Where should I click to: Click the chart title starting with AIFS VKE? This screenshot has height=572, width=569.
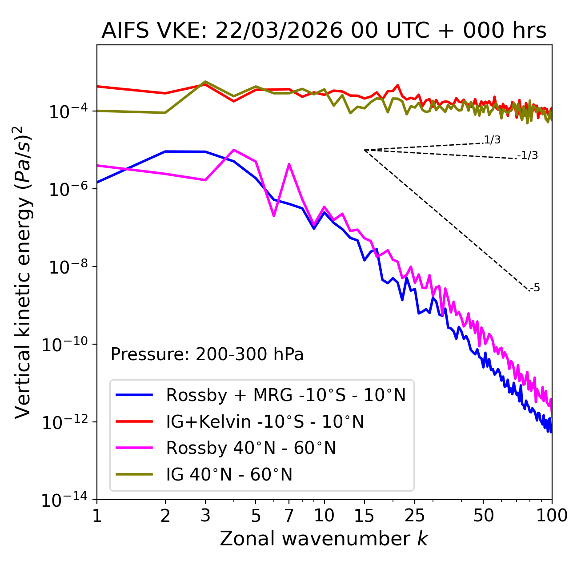click(324, 31)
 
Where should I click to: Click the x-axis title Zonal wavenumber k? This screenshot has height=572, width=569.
click(324, 539)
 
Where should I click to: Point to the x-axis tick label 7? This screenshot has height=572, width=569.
click(289, 516)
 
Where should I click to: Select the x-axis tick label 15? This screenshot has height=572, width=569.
click(364, 516)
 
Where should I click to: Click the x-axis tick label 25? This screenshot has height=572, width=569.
click(414, 516)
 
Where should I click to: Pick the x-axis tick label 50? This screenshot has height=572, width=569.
click(483, 516)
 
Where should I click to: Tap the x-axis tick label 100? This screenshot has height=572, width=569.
click(552, 516)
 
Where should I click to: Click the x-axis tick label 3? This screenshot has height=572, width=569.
click(205, 516)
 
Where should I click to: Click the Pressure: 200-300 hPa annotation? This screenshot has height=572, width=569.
click(207, 354)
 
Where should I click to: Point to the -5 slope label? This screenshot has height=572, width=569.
click(535, 288)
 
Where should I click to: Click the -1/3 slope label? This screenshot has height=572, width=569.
click(528, 155)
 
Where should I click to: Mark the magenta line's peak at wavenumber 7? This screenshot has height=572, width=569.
click(289, 164)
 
